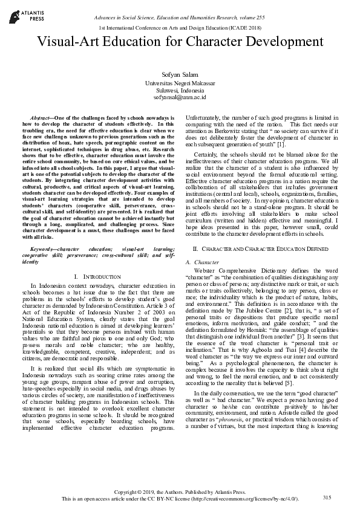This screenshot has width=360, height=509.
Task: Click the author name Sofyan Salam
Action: tap(180, 74)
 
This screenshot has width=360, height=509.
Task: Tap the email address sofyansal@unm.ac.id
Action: tap(180, 97)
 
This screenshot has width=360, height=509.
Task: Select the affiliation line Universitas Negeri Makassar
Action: tap(180, 82)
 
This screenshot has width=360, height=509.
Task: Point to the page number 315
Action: tap(327, 498)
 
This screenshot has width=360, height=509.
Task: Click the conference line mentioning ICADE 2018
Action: tap(180, 29)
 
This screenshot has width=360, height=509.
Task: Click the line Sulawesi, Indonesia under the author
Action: tap(180, 89)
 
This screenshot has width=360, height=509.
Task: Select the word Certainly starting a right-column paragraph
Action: tap(207, 155)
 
